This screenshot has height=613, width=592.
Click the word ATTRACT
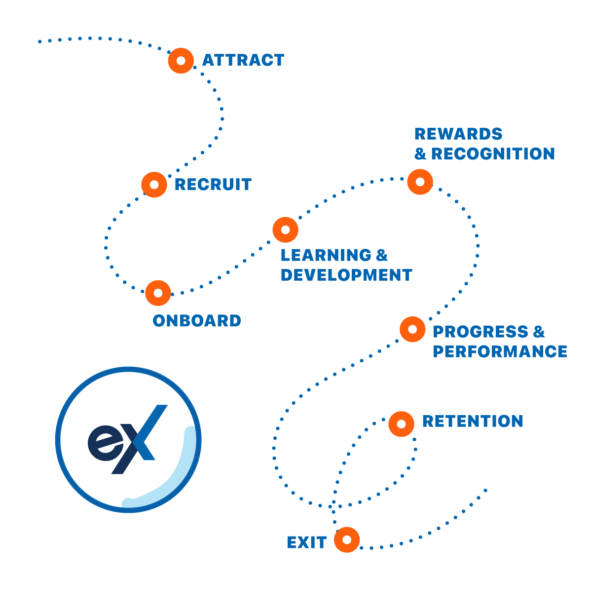[x=243, y=60]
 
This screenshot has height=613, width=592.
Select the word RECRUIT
[x=213, y=184]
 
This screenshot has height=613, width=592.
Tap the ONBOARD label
[x=197, y=321]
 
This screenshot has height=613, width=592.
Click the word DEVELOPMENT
[x=346, y=275]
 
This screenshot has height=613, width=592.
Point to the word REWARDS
[x=458, y=134]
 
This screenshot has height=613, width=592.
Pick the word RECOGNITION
[x=493, y=153]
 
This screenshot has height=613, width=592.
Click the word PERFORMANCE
[x=500, y=351]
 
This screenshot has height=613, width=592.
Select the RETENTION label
[x=472, y=421]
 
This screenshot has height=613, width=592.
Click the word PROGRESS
[x=481, y=331]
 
